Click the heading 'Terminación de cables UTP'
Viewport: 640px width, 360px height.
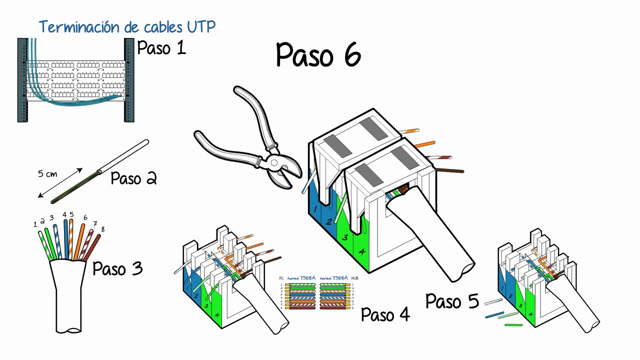coord(127,26)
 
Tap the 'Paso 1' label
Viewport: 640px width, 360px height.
coord(161,48)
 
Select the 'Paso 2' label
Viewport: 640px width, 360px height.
coord(133,178)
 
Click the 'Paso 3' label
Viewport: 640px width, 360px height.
coord(117,269)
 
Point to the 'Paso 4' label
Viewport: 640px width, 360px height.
coord(385,314)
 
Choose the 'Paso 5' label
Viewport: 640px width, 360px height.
coord(451,301)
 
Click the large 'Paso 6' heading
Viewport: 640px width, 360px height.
coord(318,54)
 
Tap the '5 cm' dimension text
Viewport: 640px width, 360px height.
coord(47,174)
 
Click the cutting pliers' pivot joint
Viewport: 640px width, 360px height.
coord(273,163)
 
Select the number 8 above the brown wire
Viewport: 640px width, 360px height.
coord(102,229)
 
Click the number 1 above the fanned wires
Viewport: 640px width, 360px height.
coord(35,224)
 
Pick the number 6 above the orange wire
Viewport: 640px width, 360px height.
coord(85,217)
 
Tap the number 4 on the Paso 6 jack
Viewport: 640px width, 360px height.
coord(361,252)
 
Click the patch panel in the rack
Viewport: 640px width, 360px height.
coord(76,80)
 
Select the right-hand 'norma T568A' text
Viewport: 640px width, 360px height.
coord(333,278)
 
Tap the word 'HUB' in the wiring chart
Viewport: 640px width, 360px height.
coord(354,278)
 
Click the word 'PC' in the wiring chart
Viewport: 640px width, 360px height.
coord(281,278)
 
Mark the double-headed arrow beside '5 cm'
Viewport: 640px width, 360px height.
coord(60,183)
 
